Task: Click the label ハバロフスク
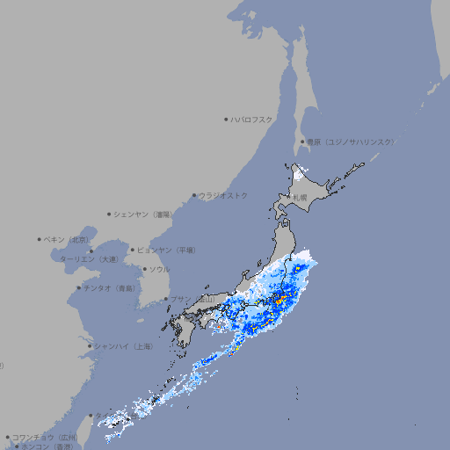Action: (252, 119)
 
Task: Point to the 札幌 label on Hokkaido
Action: (300, 198)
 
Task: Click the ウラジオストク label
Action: (223, 195)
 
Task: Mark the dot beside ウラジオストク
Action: (194, 195)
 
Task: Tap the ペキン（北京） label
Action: (68, 239)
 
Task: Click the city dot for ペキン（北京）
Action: (40, 239)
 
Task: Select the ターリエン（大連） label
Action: (88, 259)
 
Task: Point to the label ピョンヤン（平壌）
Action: (166, 250)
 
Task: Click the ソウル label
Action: (159, 269)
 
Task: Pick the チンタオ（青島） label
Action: (110, 287)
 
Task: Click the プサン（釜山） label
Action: (192, 299)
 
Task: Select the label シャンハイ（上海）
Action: (123, 346)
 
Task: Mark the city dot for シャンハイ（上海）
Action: (90, 346)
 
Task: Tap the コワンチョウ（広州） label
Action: (44, 437)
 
